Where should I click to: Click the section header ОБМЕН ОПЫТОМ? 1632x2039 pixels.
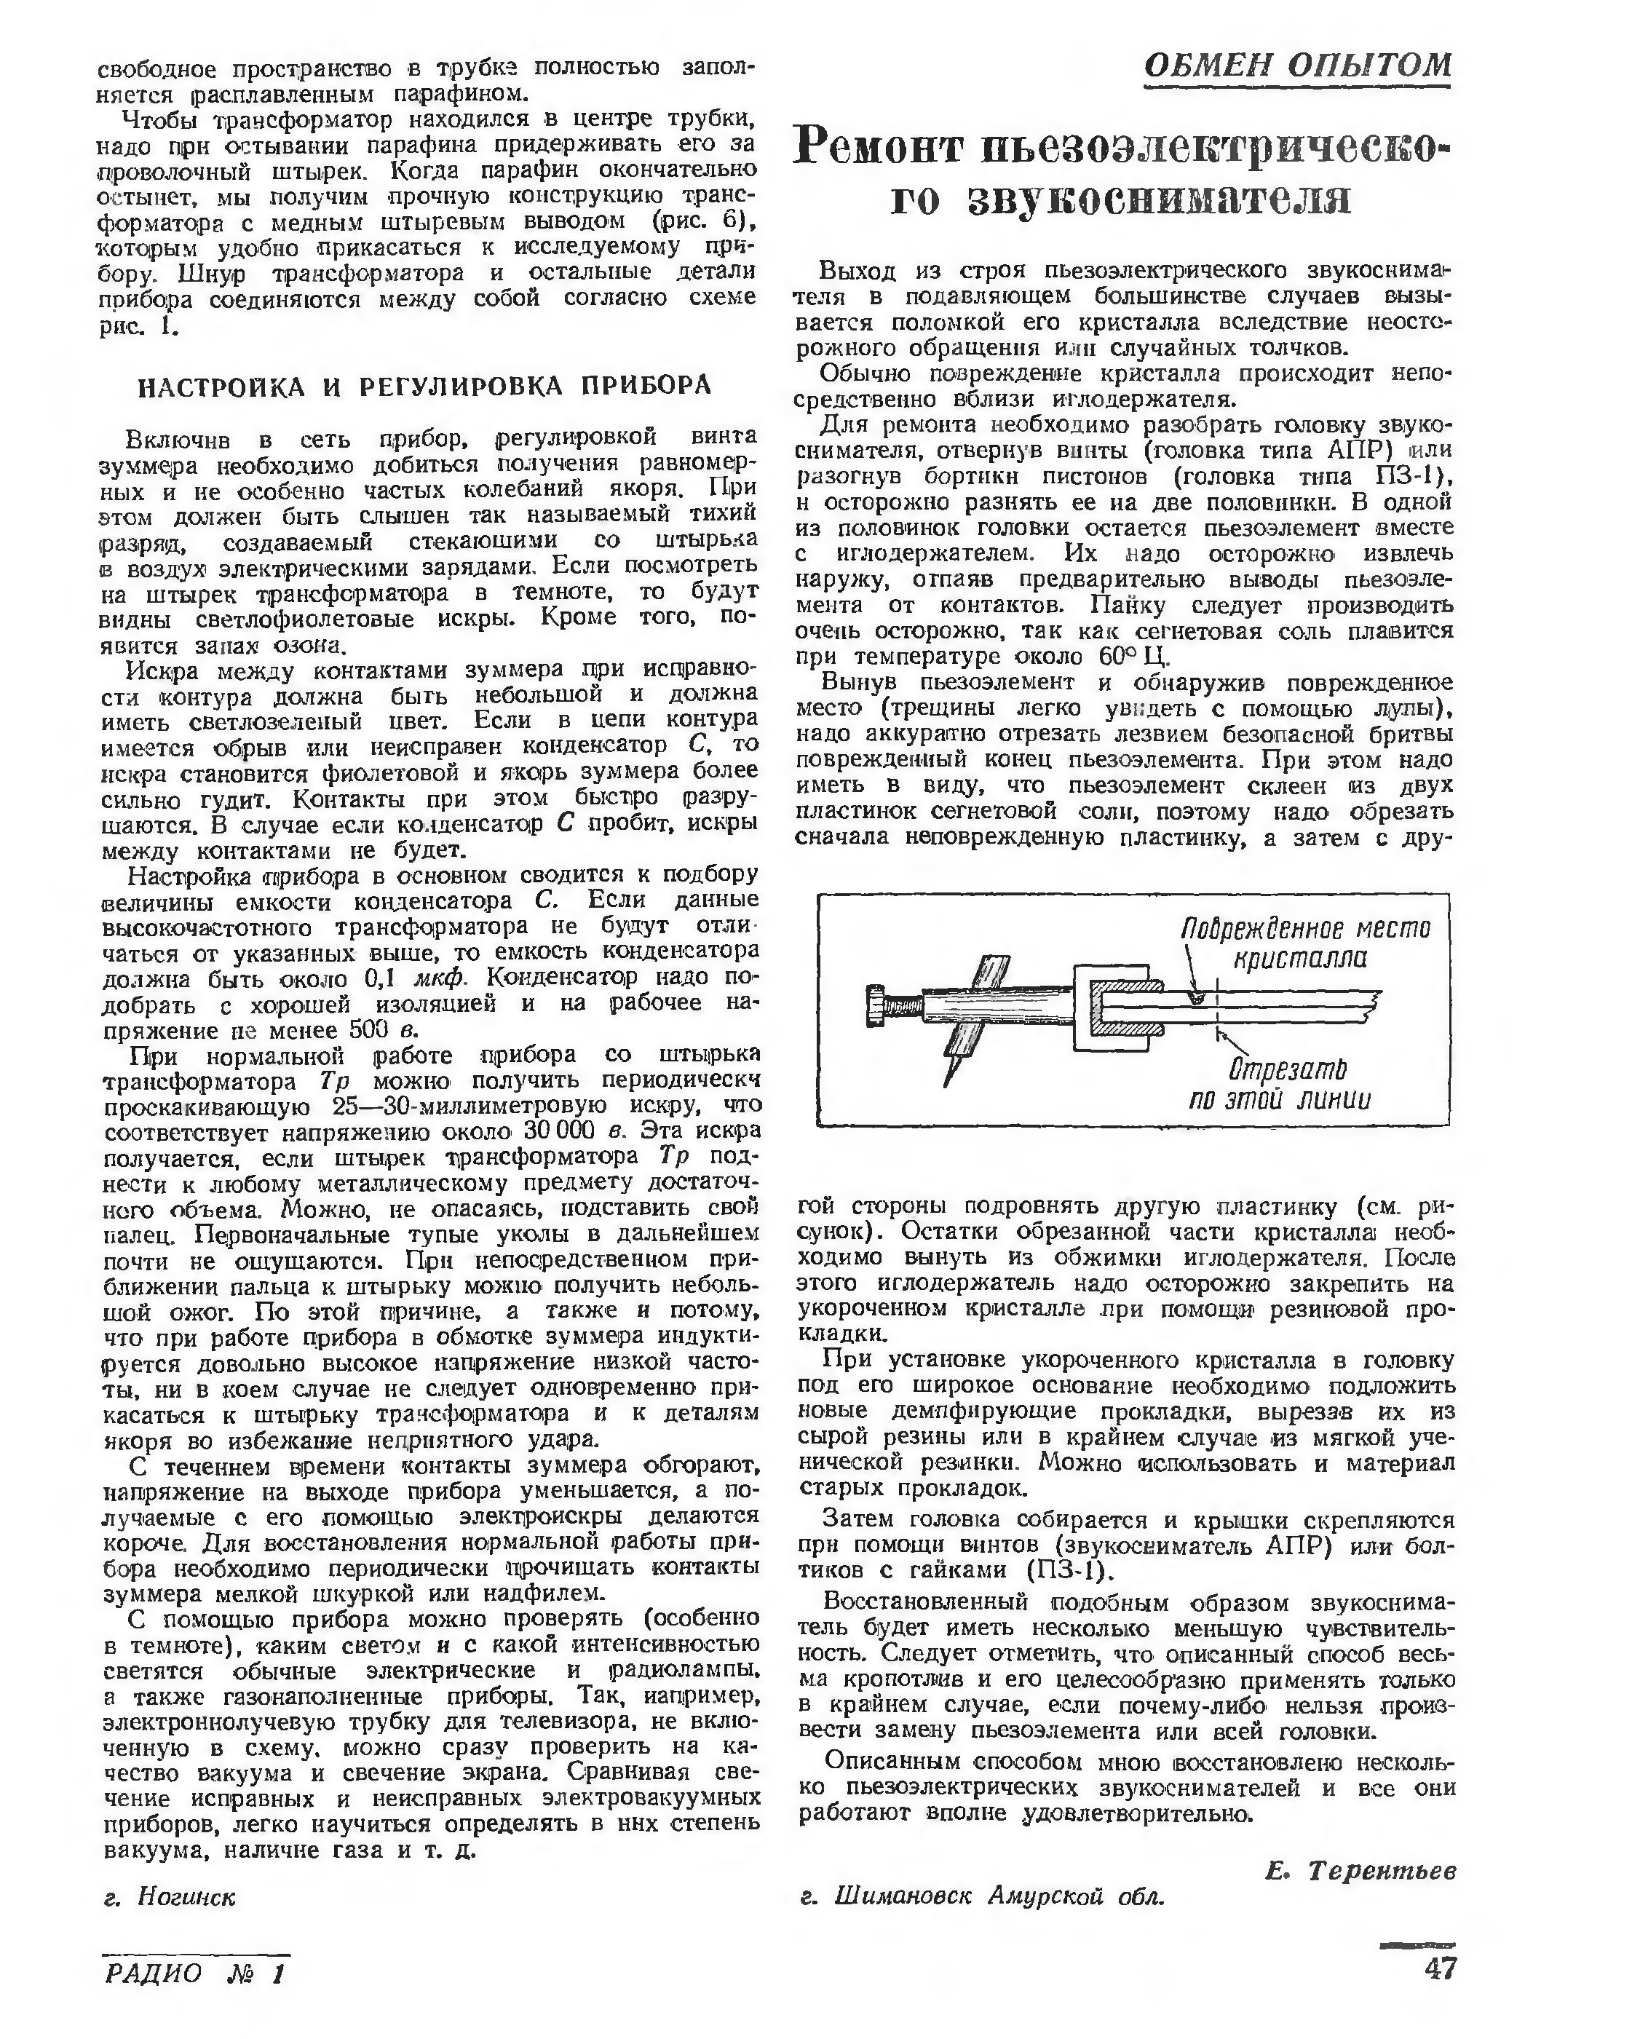[1296, 66]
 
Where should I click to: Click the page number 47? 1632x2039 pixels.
[1438, 1969]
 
